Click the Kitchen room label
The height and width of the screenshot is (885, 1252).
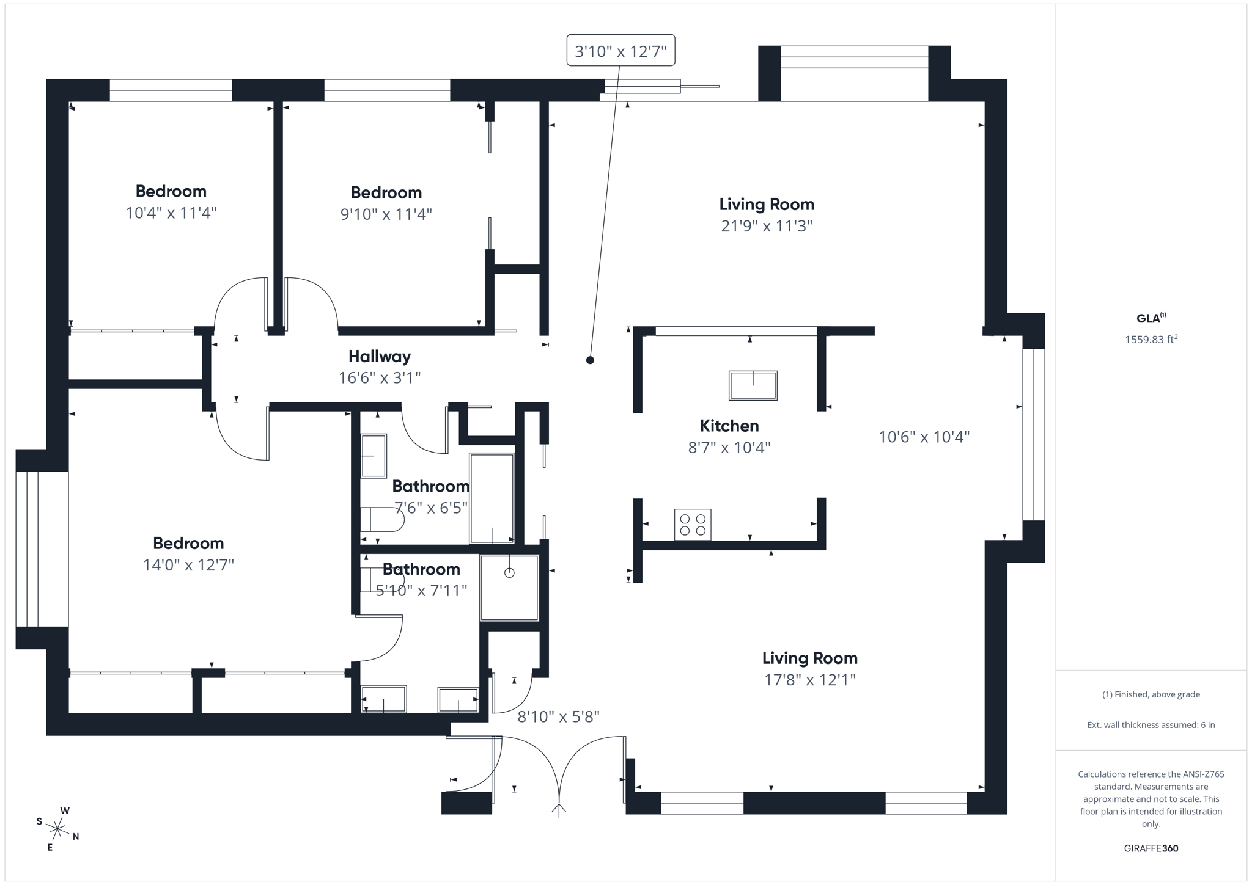pos(729,426)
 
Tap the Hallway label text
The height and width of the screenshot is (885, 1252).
pos(380,356)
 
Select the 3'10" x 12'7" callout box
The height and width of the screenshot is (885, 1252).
pos(620,51)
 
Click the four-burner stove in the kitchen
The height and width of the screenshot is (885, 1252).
pos(693,525)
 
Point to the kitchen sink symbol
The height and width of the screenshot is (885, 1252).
pos(753,385)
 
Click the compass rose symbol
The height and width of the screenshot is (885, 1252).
pos(57,829)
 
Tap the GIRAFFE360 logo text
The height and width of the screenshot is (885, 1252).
pos(1151,848)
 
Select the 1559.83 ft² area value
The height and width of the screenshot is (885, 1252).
pos(1151,340)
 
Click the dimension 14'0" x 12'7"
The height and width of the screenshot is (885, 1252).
pos(188,565)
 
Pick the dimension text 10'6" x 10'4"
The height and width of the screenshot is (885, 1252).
pos(924,437)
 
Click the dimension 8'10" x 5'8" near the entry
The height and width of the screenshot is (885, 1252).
pos(558,717)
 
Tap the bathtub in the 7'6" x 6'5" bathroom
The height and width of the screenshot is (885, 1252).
pos(492,498)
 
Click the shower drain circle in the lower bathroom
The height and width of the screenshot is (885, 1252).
pos(509,573)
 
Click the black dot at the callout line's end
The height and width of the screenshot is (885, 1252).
pos(590,360)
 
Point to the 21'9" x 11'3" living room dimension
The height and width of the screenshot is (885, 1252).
pos(766,226)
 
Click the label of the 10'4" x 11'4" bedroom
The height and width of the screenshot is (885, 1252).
pos(171,191)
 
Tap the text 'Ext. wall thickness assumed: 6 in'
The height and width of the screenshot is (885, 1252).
pos(1151,725)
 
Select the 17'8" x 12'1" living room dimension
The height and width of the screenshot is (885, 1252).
pos(809,680)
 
